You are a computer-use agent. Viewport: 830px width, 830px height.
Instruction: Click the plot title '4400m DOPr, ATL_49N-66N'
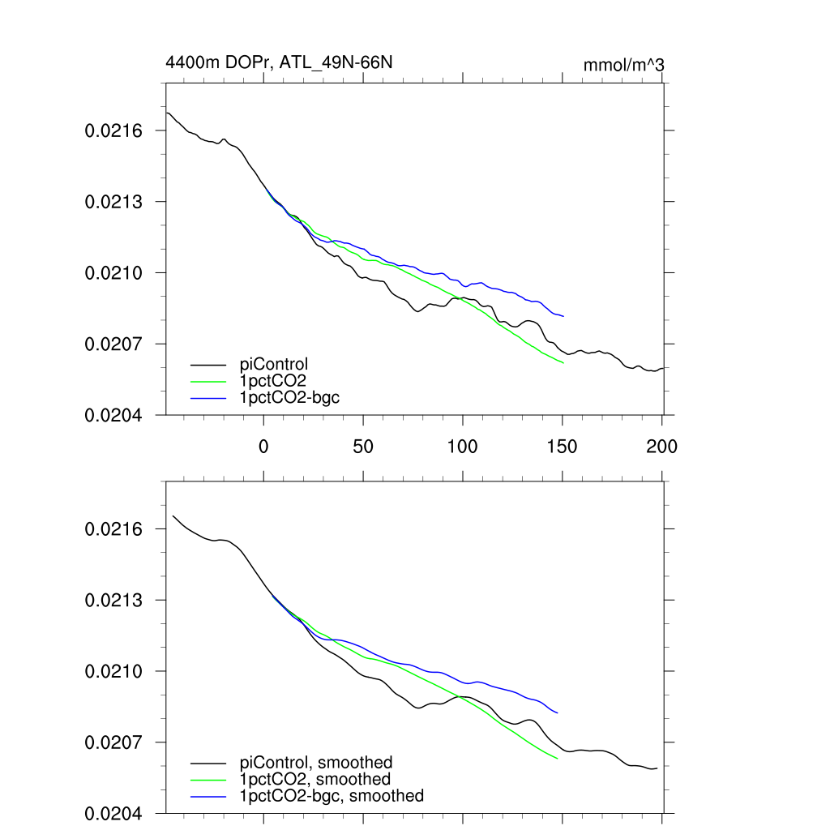[x=279, y=62]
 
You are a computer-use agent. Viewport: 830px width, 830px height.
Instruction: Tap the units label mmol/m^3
[x=624, y=64]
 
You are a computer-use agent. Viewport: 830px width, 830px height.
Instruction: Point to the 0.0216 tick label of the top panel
[x=113, y=130]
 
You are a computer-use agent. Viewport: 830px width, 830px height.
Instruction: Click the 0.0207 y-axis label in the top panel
[x=113, y=344]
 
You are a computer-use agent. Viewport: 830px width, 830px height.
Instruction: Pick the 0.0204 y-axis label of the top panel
[x=113, y=415]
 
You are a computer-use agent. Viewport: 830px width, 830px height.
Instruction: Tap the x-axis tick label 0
[x=263, y=446]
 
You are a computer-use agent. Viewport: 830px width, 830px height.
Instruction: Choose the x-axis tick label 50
[x=363, y=446]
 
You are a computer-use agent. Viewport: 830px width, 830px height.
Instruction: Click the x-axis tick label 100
[x=463, y=446]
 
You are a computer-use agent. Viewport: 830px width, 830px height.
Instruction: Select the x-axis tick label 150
[x=563, y=446]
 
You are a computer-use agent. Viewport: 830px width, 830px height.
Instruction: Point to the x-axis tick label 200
[x=662, y=446]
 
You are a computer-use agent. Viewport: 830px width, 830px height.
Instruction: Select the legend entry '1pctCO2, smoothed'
[x=321, y=779]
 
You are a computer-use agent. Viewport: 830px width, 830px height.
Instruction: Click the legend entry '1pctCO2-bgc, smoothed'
[x=332, y=796]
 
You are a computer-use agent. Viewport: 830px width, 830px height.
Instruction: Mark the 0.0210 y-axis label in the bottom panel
[x=113, y=671]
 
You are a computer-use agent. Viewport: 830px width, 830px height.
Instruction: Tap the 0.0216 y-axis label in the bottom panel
[x=113, y=528]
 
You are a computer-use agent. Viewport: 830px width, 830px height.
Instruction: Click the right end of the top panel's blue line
[x=563, y=315]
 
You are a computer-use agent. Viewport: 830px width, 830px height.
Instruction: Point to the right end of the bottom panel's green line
[x=558, y=759]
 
